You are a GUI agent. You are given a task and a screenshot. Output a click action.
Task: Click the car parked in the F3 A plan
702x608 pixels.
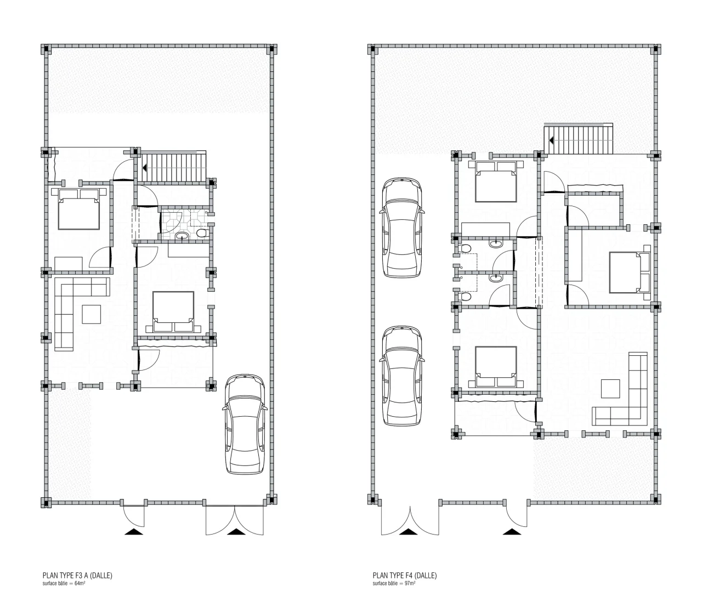pyautogui.click(x=245, y=424)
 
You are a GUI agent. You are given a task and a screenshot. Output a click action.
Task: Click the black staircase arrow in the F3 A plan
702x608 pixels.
pyautogui.click(x=144, y=168)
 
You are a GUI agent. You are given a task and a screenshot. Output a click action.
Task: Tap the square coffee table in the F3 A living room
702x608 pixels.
pyautogui.click(x=92, y=314)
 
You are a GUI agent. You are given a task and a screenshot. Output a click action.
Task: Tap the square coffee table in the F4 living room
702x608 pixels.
pyautogui.click(x=610, y=389)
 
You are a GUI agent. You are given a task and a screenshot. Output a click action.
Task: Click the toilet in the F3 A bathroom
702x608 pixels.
pyautogui.click(x=202, y=233)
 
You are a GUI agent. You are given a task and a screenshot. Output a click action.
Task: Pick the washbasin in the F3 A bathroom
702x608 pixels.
pyautogui.click(x=183, y=236)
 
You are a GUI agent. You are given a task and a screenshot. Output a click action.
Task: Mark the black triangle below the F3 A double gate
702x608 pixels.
pyautogui.click(x=236, y=532)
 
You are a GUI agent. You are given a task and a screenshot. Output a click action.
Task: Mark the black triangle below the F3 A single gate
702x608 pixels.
pyautogui.click(x=133, y=532)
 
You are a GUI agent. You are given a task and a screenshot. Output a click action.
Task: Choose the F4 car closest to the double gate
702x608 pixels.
pyautogui.click(x=402, y=376)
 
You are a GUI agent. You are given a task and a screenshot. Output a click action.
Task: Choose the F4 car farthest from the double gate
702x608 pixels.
pyautogui.click(x=402, y=228)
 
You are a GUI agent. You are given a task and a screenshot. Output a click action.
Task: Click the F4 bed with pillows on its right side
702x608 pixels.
pyautogui.click(x=630, y=272)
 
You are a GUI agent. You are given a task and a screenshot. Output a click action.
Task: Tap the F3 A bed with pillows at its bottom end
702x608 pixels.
pyautogui.click(x=173, y=311)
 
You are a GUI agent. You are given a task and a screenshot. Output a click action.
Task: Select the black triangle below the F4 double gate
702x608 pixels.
pyautogui.click(x=408, y=532)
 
